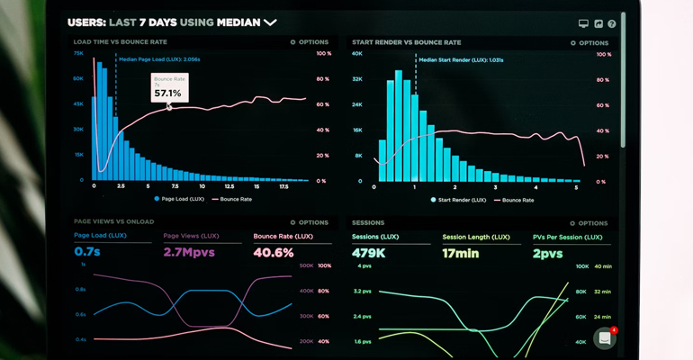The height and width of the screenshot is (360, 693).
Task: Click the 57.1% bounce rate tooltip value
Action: click(x=167, y=93)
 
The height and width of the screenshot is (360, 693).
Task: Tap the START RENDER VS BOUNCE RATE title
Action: click(x=406, y=42)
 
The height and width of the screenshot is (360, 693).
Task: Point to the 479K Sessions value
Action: click(x=369, y=253)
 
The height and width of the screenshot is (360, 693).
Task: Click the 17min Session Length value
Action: click(x=462, y=253)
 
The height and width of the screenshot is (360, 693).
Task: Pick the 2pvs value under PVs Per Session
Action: click(x=547, y=253)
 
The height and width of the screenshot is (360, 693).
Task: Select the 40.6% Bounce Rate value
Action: click(x=274, y=252)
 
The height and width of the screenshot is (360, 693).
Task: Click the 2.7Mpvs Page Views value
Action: click(x=188, y=252)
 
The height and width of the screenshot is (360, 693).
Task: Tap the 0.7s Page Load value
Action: click(x=87, y=252)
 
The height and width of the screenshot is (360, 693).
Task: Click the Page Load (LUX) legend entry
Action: click(x=180, y=199)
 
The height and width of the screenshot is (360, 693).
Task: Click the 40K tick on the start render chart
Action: click(x=357, y=54)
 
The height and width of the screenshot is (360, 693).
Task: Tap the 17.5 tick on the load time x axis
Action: click(x=283, y=187)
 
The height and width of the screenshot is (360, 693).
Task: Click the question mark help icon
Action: click(x=612, y=23)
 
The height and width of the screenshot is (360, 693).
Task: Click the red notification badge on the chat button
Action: click(x=614, y=330)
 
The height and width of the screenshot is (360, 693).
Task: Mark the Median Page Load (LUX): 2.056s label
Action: click(x=159, y=58)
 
